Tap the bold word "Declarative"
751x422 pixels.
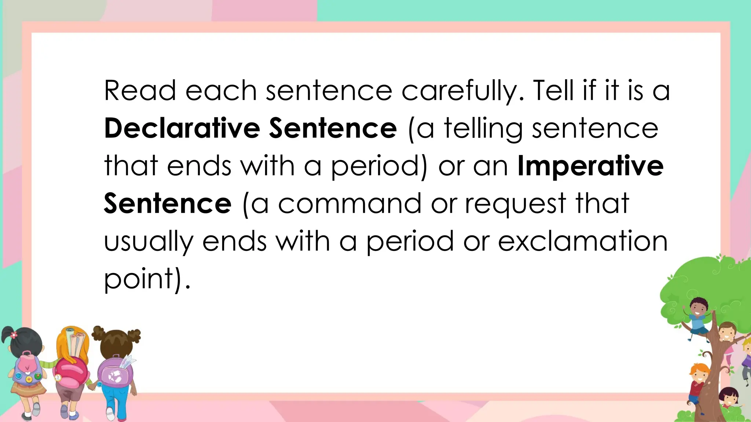[x=182, y=129]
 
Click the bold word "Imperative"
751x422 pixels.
[x=590, y=166]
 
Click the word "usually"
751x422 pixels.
[x=149, y=242]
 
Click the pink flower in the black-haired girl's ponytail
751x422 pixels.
[x=14, y=335]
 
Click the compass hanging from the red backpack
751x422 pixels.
[x=58, y=378]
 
